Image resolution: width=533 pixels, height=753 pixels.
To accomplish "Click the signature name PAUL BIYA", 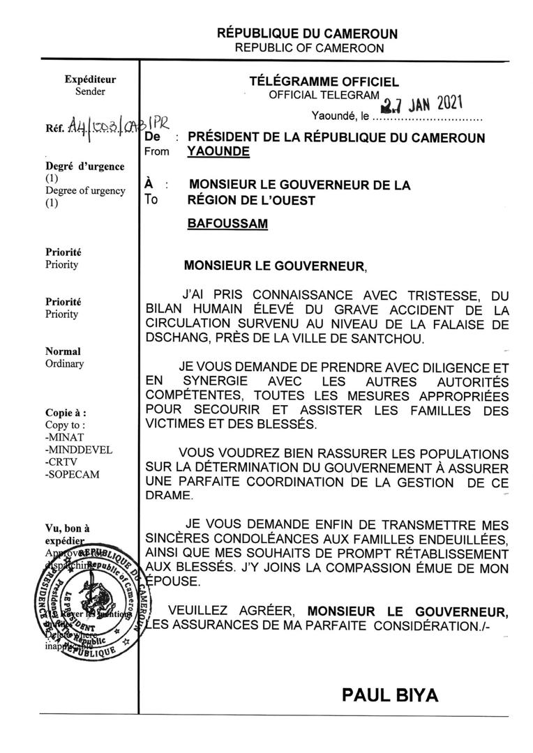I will point(391,694).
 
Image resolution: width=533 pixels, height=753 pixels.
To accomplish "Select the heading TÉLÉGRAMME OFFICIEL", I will point(324,82).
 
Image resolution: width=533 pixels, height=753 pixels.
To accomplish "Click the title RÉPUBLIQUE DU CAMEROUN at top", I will point(308,33).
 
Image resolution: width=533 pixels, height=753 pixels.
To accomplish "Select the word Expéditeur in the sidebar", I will point(90,79).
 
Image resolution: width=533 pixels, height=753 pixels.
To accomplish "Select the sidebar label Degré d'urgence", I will point(85,166).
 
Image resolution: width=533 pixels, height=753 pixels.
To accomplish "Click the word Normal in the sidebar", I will point(63,351).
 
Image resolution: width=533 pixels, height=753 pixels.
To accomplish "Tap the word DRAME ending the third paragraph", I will point(167,494).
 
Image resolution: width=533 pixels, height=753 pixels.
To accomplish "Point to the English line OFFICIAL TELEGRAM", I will point(324,96).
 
